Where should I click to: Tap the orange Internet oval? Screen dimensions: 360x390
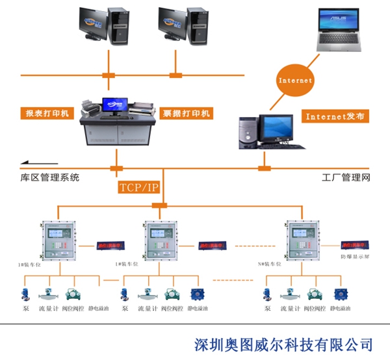[295, 81]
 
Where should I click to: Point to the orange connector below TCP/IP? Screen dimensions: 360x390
[159, 207]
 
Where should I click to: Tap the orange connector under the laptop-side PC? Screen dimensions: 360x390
[265, 168]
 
